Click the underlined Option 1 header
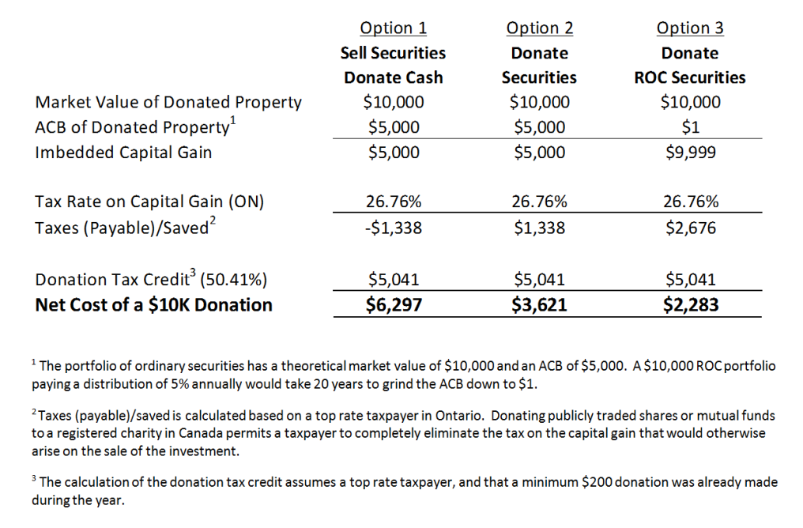click(394, 28)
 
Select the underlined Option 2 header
click(540, 28)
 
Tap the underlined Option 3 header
click(690, 28)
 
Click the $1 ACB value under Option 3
click(690, 127)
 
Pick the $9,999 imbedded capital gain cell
click(690, 152)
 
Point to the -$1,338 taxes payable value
click(394, 228)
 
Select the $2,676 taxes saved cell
click(690, 228)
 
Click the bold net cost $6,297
click(394, 305)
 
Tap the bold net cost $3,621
click(539, 305)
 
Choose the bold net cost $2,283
click(690, 305)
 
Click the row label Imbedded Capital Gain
click(123, 153)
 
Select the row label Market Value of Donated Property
click(168, 103)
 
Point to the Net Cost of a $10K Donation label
click(153, 305)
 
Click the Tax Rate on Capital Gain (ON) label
click(149, 202)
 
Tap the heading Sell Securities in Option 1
click(394, 53)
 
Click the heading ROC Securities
click(690, 77)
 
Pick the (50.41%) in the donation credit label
click(233, 280)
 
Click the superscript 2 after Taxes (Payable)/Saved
click(213, 220)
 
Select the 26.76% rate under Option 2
click(539, 202)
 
